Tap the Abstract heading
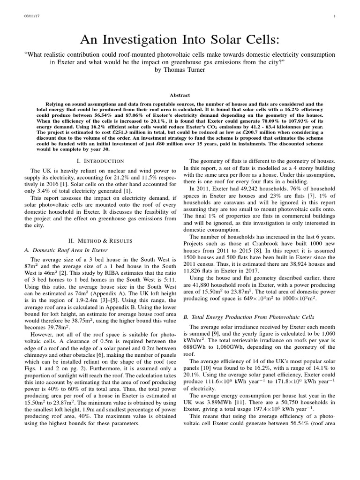tap(180, 94)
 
